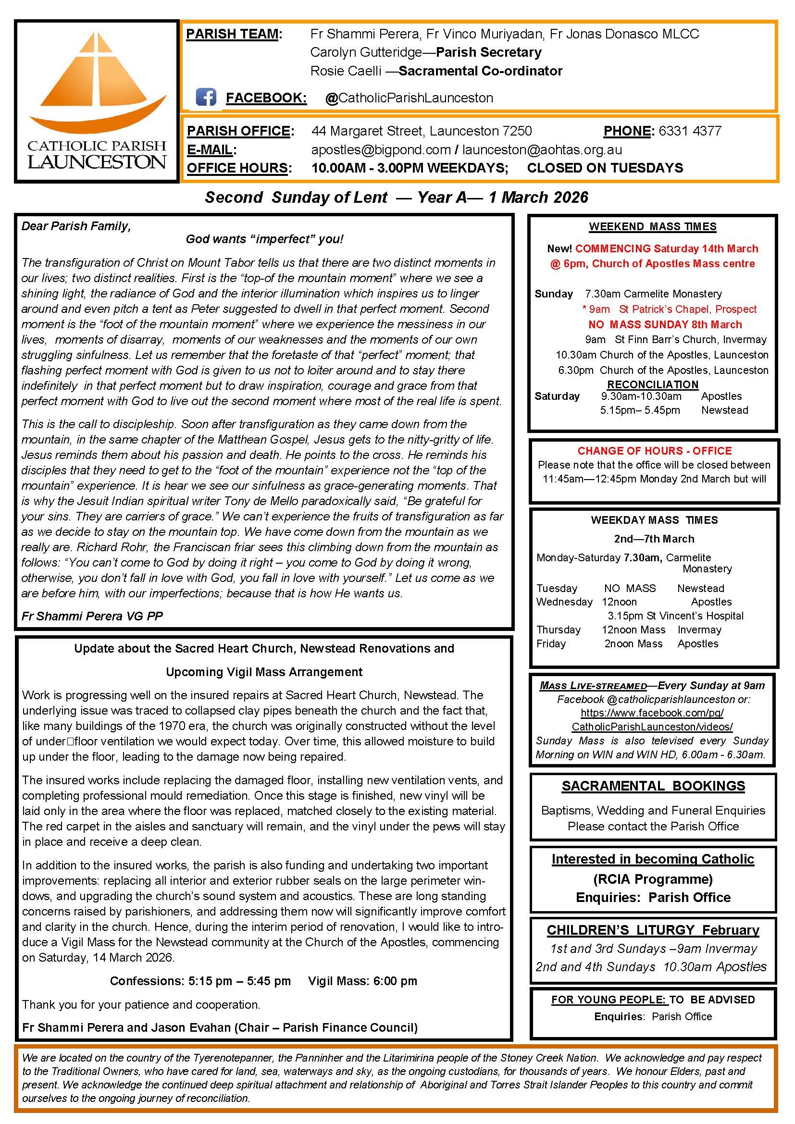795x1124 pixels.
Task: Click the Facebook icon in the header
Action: tap(206, 97)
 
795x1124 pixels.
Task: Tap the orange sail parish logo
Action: tap(98, 78)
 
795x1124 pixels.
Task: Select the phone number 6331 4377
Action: tap(690, 131)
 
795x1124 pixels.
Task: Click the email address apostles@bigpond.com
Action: tap(381, 149)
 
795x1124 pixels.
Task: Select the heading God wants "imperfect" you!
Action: tap(264, 239)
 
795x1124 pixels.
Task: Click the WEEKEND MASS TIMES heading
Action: tap(653, 227)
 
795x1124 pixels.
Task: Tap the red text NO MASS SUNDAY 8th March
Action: tap(665, 324)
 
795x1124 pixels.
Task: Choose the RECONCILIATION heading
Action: tap(653, 384)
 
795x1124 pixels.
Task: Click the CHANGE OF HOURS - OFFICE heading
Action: tap(655, 451)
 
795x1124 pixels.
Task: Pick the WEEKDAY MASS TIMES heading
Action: tap(654, 520)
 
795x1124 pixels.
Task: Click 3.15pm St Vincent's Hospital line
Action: tap(675, 616)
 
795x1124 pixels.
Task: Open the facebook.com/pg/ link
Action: tap(652, 713)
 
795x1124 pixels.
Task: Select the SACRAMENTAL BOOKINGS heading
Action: tap(653, 786)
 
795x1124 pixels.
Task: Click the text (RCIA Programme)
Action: tap(653, 879)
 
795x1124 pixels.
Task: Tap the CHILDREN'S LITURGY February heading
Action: tap(653, 930)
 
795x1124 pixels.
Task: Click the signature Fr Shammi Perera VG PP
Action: tap(92, 616)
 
